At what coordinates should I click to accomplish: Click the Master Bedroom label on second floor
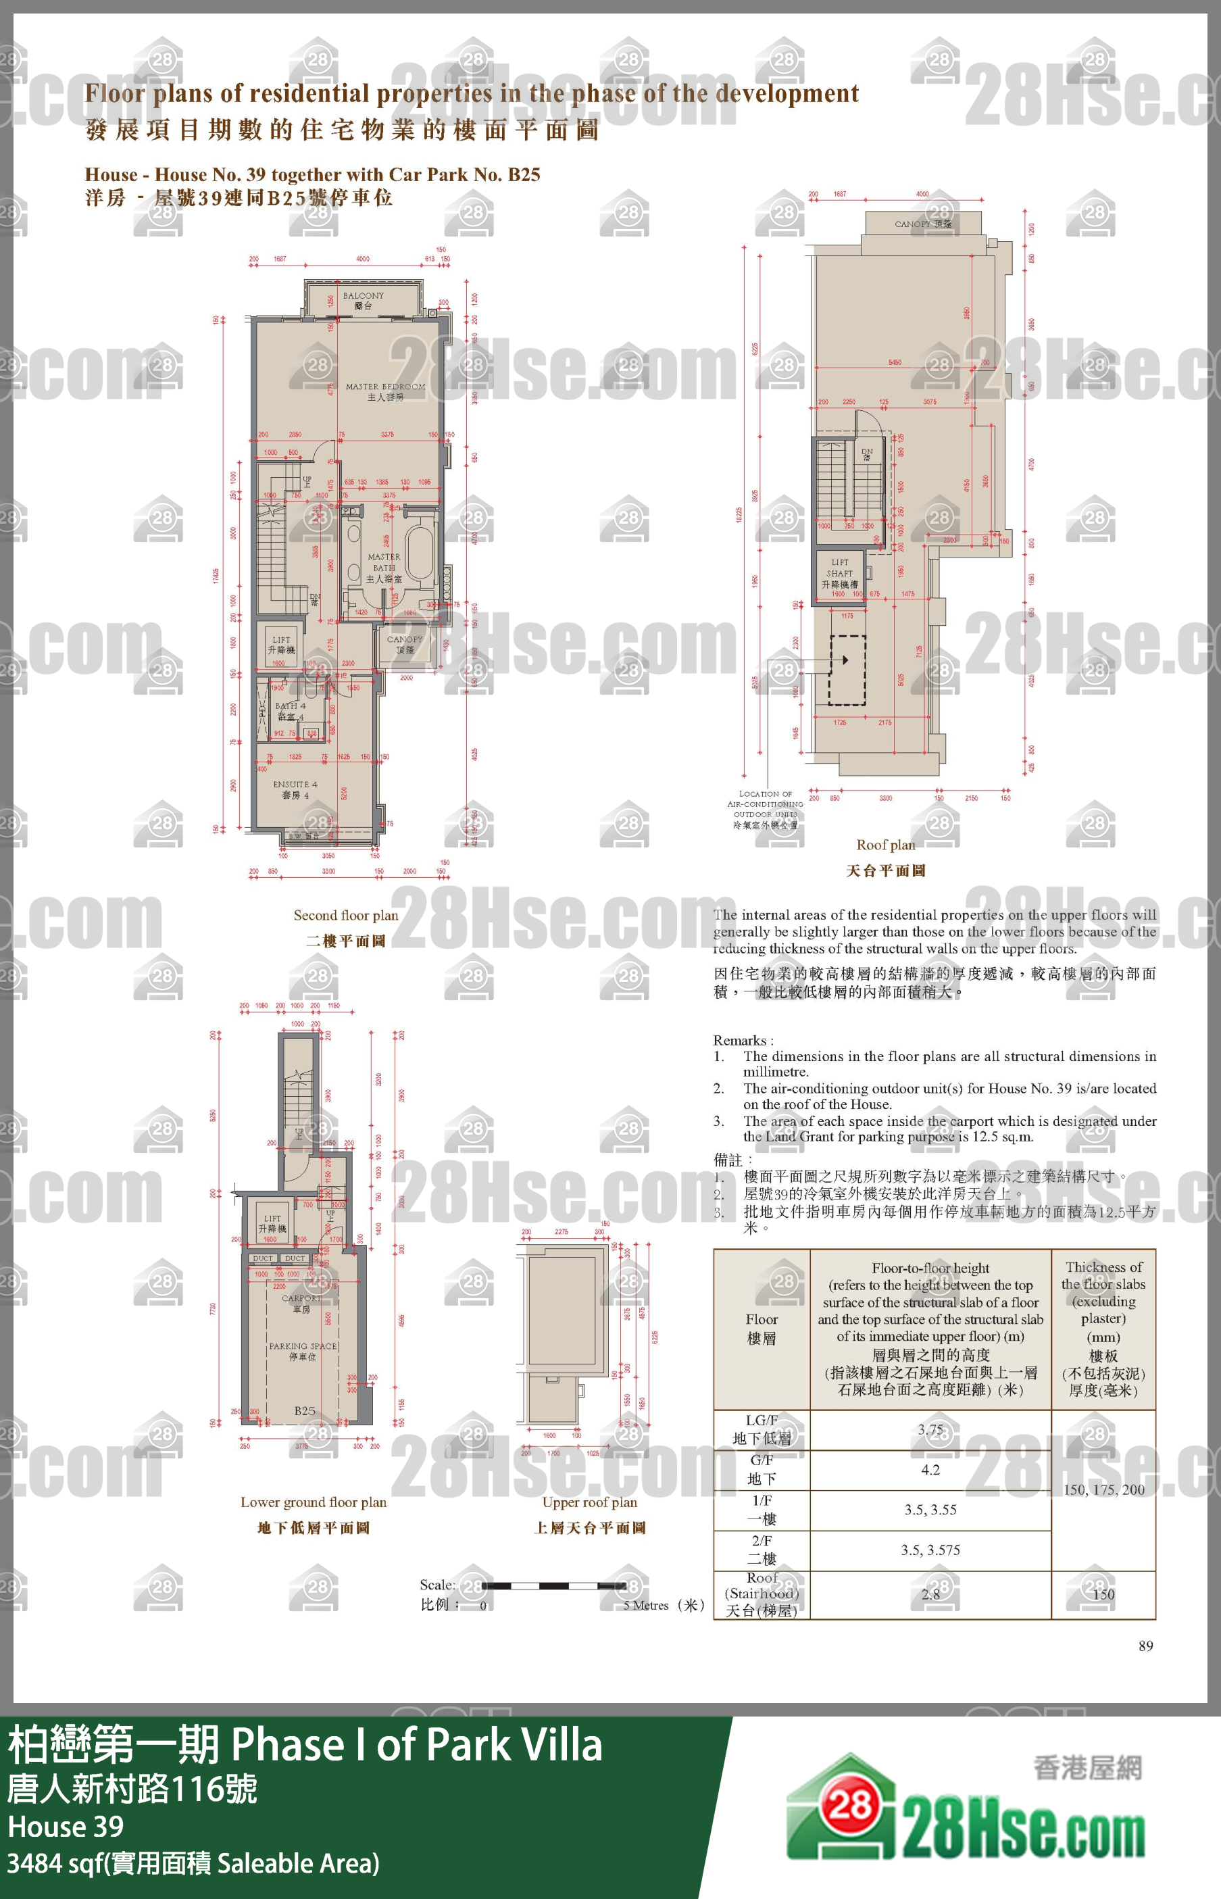385,391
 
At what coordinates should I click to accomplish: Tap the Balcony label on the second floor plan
363,299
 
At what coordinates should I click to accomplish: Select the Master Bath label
384,568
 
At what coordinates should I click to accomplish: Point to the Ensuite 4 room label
295,789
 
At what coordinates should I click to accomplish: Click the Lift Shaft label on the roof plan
840,572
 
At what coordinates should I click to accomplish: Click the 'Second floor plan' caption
346,915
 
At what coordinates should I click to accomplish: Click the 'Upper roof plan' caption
589,1502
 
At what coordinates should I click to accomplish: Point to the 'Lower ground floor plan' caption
313,1502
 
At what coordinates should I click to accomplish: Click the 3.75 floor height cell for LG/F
930,1429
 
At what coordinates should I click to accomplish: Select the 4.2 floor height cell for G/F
930,1469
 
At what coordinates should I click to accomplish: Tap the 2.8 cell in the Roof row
930,1594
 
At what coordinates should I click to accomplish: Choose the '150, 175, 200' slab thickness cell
1103,1489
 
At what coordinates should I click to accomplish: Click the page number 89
1145,1646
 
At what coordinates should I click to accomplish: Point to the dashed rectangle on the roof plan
847,669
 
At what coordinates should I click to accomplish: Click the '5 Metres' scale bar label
650,1605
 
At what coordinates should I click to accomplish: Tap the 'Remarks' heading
742,1040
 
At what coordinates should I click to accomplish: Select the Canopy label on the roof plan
922,224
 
